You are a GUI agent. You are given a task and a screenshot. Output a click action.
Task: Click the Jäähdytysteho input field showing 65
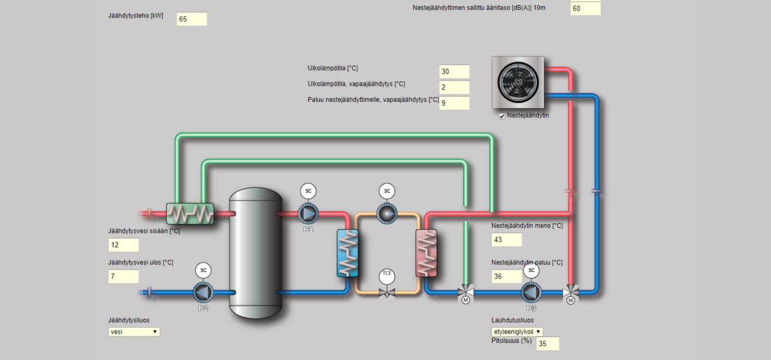[x=192, y=19]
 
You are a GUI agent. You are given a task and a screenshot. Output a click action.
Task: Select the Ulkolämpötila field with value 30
[x=454, y=71]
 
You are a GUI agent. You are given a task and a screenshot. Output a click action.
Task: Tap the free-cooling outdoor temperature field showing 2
[x=454, y=87]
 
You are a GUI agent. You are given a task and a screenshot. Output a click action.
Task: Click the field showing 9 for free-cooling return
[x=454, y=103]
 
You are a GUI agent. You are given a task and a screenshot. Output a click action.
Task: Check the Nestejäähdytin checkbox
[x=502, y=116]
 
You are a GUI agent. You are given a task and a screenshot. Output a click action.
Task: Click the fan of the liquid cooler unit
[x=518, y=82]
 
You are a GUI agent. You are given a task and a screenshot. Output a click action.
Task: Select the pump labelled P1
[x=308, y=213]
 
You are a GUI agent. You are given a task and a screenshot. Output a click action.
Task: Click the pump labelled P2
[x=203, y=293]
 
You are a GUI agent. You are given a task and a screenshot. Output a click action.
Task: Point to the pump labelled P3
[x=531, y=293]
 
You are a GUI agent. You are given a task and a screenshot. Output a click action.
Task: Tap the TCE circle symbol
[x=387, y=277]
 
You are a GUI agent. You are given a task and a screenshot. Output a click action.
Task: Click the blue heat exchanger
[x=347, y=253]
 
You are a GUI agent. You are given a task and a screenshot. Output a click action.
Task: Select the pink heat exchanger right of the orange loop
[x=427, y=253]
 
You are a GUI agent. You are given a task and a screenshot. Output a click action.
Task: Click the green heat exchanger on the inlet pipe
[x=190, y=213]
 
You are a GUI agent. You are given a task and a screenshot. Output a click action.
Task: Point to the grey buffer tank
[x=256, y=253]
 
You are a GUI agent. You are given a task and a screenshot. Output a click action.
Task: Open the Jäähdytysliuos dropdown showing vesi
[x=134, y=332]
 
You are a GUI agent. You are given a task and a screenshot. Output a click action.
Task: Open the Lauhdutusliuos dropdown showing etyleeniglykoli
[x=517, y=332]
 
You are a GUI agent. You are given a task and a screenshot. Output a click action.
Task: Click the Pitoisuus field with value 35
[x=547, y=344]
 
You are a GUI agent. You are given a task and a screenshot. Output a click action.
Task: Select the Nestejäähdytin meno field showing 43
[x=507, y=240]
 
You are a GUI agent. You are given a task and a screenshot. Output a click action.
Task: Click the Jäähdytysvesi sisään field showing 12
[x=123, y=245]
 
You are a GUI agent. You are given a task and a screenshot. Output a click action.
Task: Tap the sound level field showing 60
[x=585, y=9]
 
